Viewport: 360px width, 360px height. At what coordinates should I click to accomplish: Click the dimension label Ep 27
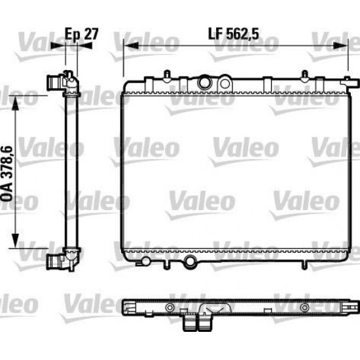click(x=82, y=34)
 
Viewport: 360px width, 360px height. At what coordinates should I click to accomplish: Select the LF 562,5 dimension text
click(x=234, y=34)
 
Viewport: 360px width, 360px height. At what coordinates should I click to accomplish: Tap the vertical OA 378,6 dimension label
click(x=7, y=174)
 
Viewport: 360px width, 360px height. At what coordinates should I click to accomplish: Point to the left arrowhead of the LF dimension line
click(x=131, y=45)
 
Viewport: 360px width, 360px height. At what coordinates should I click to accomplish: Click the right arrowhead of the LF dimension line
click(x=341, y=45)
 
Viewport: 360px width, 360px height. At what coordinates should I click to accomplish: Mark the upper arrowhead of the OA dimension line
click(x=15, y=103)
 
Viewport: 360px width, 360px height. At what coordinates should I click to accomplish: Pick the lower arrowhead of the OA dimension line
click(x=15, y=240)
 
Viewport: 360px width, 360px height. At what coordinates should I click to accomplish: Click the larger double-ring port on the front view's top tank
click(x=204, y=82)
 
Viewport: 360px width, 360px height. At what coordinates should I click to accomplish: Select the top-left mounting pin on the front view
click(x=167, y=76)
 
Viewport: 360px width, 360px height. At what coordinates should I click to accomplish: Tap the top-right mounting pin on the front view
click(x=304, y=76)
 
